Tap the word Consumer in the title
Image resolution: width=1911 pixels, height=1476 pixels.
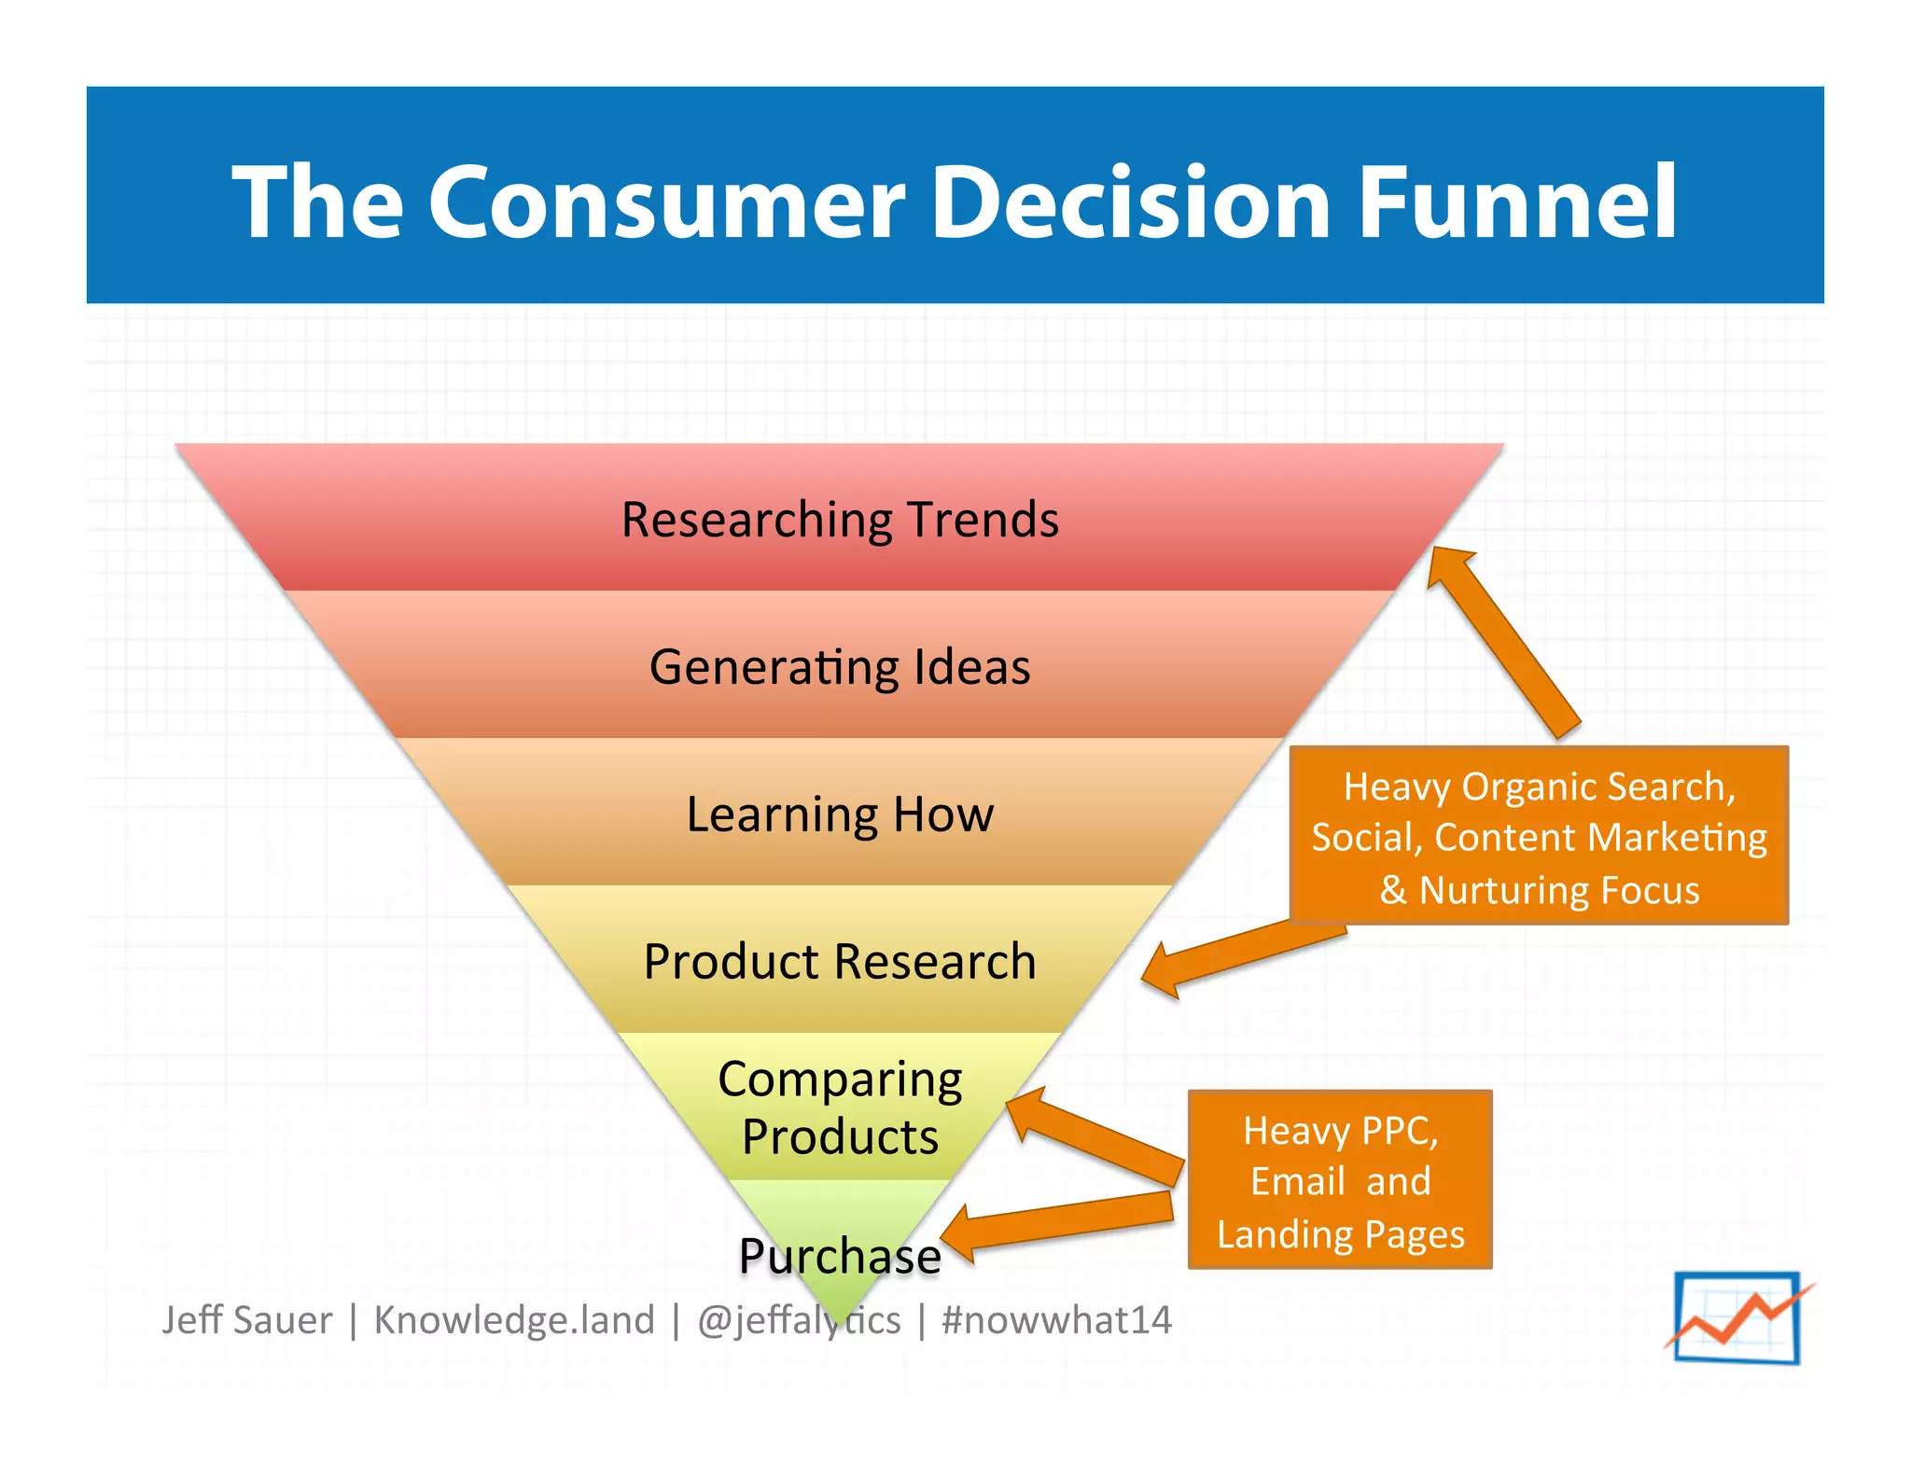[x=666, y=202]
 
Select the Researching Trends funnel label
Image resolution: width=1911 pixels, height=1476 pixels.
[x=840, y=520]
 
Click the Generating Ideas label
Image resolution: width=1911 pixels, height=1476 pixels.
[x=840, y=667]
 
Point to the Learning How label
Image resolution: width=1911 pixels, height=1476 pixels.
[x=840, y=815]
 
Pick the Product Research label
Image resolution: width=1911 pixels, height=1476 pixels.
[x=840, y=962]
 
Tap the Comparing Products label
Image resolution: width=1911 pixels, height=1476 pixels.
[x=840, y=1107]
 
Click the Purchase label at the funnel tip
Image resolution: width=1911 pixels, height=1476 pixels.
[x=840, y=1256]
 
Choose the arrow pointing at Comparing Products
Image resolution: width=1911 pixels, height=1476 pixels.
[x=1092, y=1133]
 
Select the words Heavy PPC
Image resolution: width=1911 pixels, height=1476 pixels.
[x=1340, y=1131]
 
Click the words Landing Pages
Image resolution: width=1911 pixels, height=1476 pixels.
[x=1340, y=1234]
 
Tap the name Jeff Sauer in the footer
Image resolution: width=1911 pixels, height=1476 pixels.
[x=246, y=1320]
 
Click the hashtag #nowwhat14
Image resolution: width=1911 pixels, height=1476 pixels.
[x=1056, y=1320]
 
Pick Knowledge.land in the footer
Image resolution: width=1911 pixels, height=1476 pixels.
[x=514, y=1320]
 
